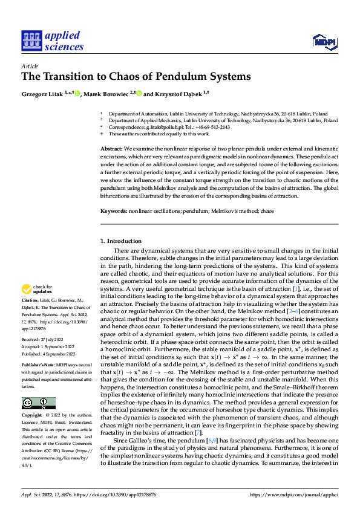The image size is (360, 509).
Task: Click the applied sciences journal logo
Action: coord(52,41)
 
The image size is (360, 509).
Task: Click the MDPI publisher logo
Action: coord(324,42)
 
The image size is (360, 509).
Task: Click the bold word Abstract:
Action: coord(111,149)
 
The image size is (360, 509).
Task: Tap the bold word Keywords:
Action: coord(114,212)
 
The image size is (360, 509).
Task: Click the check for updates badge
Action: coord(37,290)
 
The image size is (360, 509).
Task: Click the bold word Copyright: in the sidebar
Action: coord(33,417)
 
